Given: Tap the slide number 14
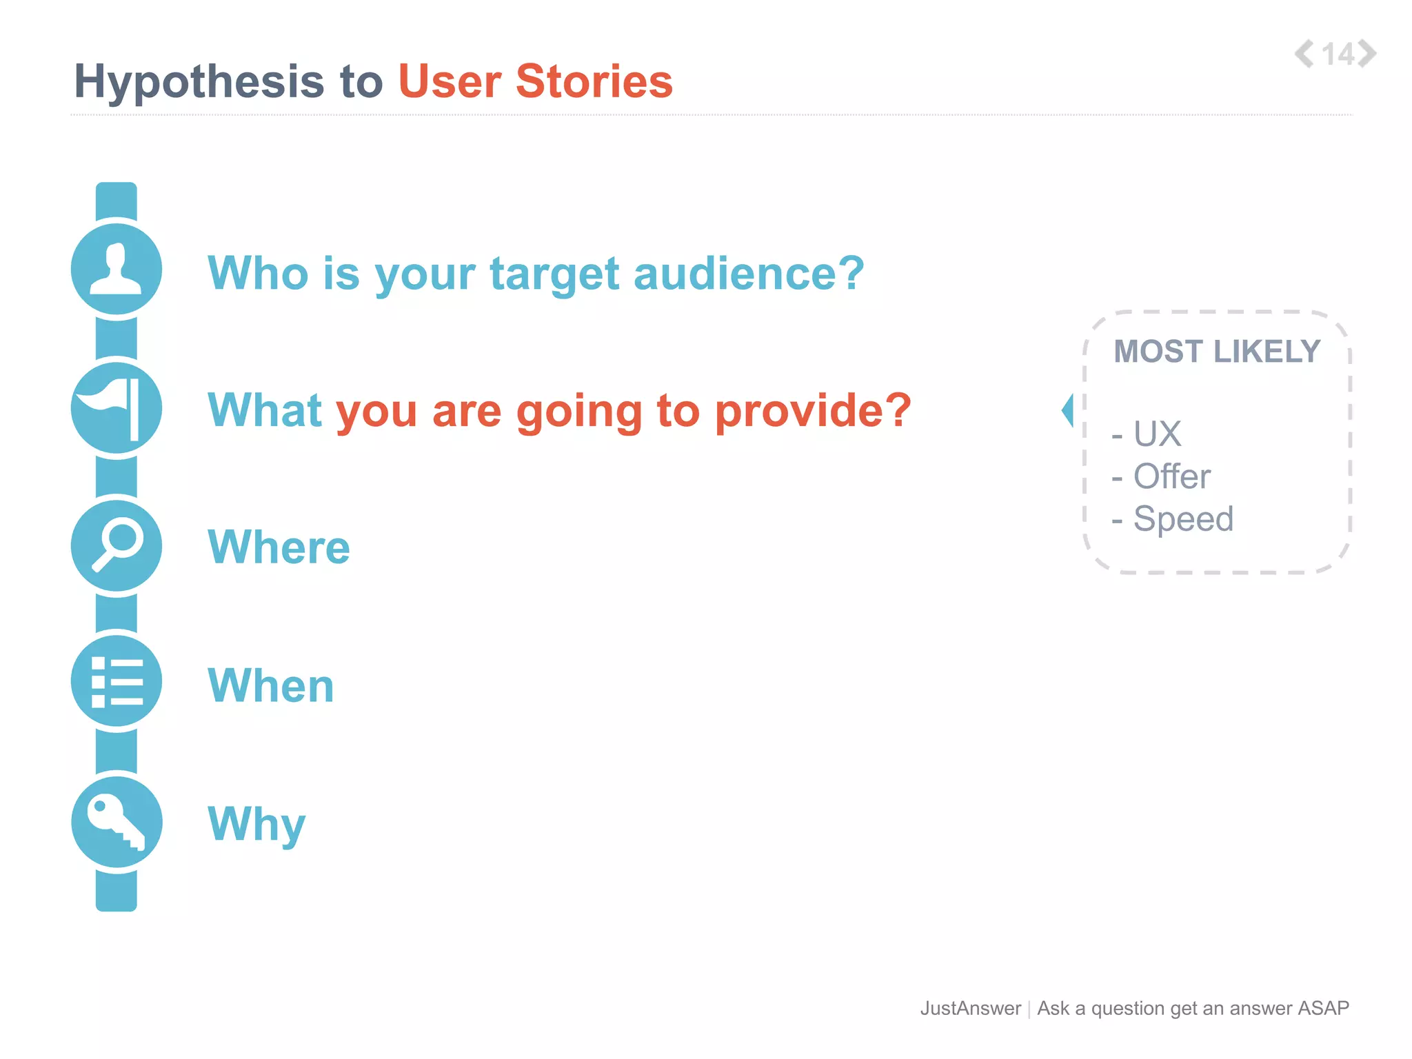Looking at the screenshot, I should [1338, 54].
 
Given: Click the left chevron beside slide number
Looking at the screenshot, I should [1304, 54].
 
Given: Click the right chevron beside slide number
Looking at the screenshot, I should [1367, 54].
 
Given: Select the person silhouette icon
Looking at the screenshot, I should [117, 270].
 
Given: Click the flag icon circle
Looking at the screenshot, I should [117, 408].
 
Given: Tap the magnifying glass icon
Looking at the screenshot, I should [117, 545].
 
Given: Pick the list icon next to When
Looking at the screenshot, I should [117, 682].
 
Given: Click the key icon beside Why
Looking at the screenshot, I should [117, 822].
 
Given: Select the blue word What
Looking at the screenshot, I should [265, 410].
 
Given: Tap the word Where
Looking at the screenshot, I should [279, 547].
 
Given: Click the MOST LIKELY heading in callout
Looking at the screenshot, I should [1217, 352].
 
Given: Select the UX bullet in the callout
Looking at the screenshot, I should [1156, 434].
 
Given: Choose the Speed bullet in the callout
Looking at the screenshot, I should [1182, 518].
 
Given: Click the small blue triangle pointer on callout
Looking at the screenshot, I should [1068, 411].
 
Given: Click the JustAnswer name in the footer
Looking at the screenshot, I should [970, 1008].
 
